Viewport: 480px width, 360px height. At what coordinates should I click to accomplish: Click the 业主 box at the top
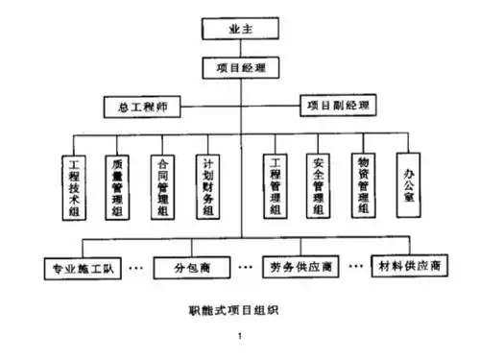click(x=240, y=29)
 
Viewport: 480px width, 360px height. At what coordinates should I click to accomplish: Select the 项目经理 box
click(x=240, y=68)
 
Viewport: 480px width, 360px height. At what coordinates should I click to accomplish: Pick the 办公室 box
click(x=410, y=179)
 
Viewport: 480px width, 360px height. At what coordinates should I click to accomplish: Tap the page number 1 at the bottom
click(x=240, y=336)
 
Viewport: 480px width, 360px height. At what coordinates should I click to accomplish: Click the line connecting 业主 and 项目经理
click(x=240, y=49)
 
